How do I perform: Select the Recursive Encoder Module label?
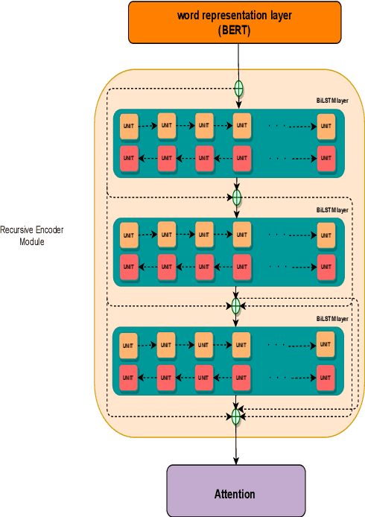click(32, 236)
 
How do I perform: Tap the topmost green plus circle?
click(239, 88)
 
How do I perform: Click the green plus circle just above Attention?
click(237, 414)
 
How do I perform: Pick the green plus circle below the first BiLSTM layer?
click(237, 197)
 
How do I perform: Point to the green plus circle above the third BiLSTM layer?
click(236, 306)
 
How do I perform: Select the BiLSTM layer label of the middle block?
click(332, 210)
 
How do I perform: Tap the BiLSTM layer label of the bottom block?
click(332, 319)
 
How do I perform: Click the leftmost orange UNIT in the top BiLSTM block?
click(129, 127)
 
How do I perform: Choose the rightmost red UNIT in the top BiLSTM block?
click(326, 158)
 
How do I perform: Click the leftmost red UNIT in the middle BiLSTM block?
click(129, 267)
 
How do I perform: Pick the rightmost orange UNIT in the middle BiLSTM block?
click(326, 235)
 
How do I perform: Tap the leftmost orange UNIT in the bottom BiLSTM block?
click(129, 345)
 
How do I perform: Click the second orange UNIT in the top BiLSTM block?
click(166, 126)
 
